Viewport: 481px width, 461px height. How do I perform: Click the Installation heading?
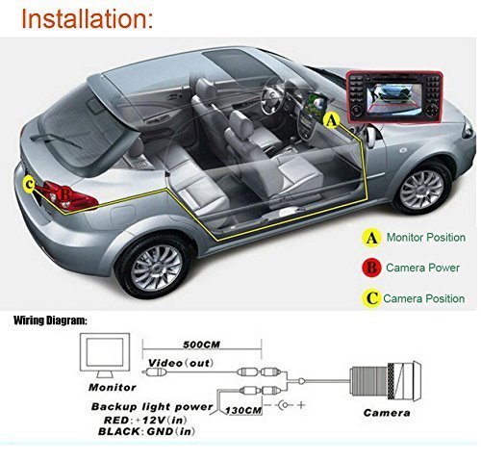click(x=88, y=19)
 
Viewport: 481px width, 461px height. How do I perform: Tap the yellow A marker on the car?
click(x=332, y=121)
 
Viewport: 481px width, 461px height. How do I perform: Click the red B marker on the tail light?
click(x=65, y=194)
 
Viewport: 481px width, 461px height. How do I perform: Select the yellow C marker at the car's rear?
click(x=29, y=185)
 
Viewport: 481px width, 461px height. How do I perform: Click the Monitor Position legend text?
click(x=426, y=238)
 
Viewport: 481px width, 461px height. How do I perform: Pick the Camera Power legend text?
click(x=422, y=268)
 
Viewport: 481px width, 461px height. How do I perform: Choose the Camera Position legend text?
click(x=424, y=298)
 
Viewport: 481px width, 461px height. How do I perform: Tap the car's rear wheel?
click(x=156, y=267)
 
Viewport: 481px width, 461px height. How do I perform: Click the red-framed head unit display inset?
click(x=394, y=97)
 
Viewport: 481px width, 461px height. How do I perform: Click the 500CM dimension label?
click(x=202, y=345)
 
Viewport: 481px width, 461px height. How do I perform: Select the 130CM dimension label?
click(x=243, y=410)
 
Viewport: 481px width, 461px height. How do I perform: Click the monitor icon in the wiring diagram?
click(x=105, y=355)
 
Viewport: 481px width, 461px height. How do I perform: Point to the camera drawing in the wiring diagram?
click(x=386, y=381)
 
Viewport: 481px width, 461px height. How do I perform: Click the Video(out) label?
click(x=181, y=363)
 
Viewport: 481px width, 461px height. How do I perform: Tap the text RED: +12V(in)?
click(x=145, y=420)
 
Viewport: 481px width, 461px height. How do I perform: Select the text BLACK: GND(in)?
click(x=146, y=431)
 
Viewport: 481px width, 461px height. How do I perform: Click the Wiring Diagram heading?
click(x=50, y=320)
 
